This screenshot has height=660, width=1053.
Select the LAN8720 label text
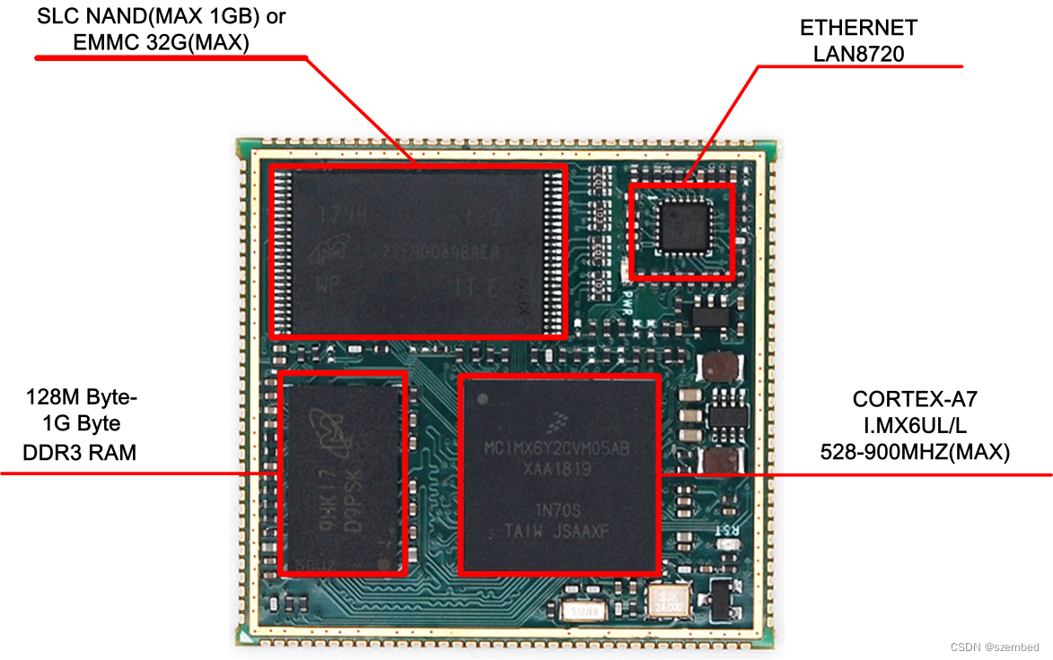point(858,54)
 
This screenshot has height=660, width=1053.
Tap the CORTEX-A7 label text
point(914,399)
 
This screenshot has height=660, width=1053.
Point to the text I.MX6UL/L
point(914,426)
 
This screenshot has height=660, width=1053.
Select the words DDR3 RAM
point(80,453)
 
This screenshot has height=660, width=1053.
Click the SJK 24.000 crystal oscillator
point(667,600)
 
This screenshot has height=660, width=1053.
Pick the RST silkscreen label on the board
point(725,530)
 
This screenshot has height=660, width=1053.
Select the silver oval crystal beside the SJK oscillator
point(584,611)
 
